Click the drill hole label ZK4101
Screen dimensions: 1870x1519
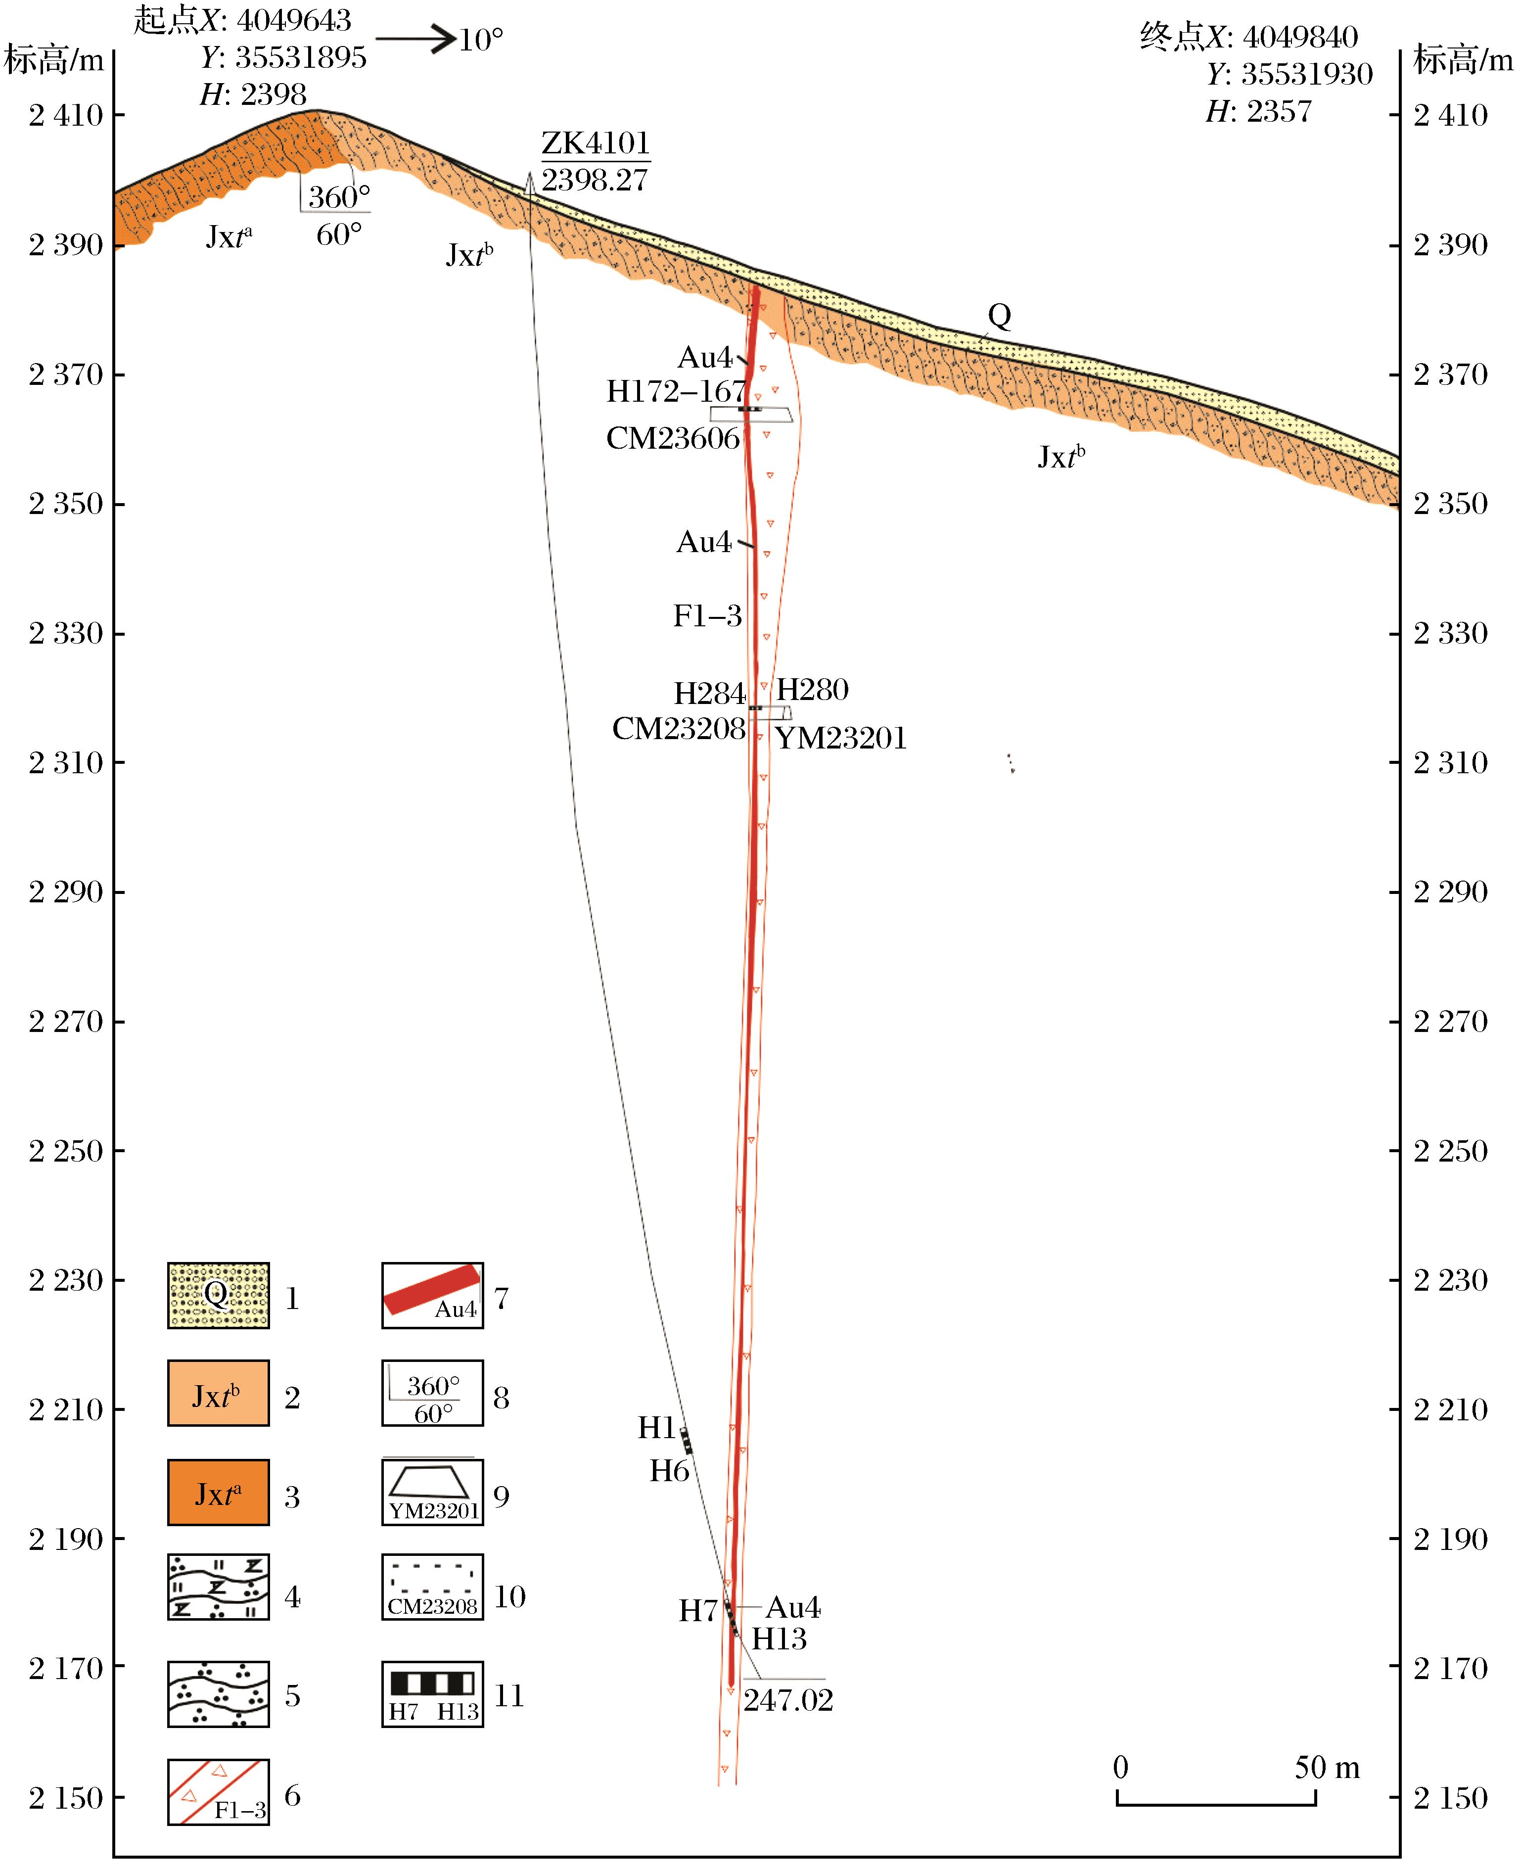click(x=595, y=142)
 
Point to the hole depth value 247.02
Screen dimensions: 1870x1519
click(x=787, y=1699)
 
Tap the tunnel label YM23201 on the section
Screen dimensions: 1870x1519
click(x=840, y=738)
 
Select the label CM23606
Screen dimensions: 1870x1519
click(x=673, y=437)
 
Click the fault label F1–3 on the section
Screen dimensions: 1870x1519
click(x=707, y=616)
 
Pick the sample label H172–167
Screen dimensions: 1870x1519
click(x=676, y=391)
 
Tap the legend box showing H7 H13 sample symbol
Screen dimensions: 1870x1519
click(x=432, y=1694)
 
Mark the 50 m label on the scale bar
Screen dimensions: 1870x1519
click(x=1327, y=1768)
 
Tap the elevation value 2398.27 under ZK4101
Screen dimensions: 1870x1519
click(x=594, y=180)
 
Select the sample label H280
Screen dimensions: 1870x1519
click(x=812, y=690)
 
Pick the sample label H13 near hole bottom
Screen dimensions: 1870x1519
click(x=779, y=1639)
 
